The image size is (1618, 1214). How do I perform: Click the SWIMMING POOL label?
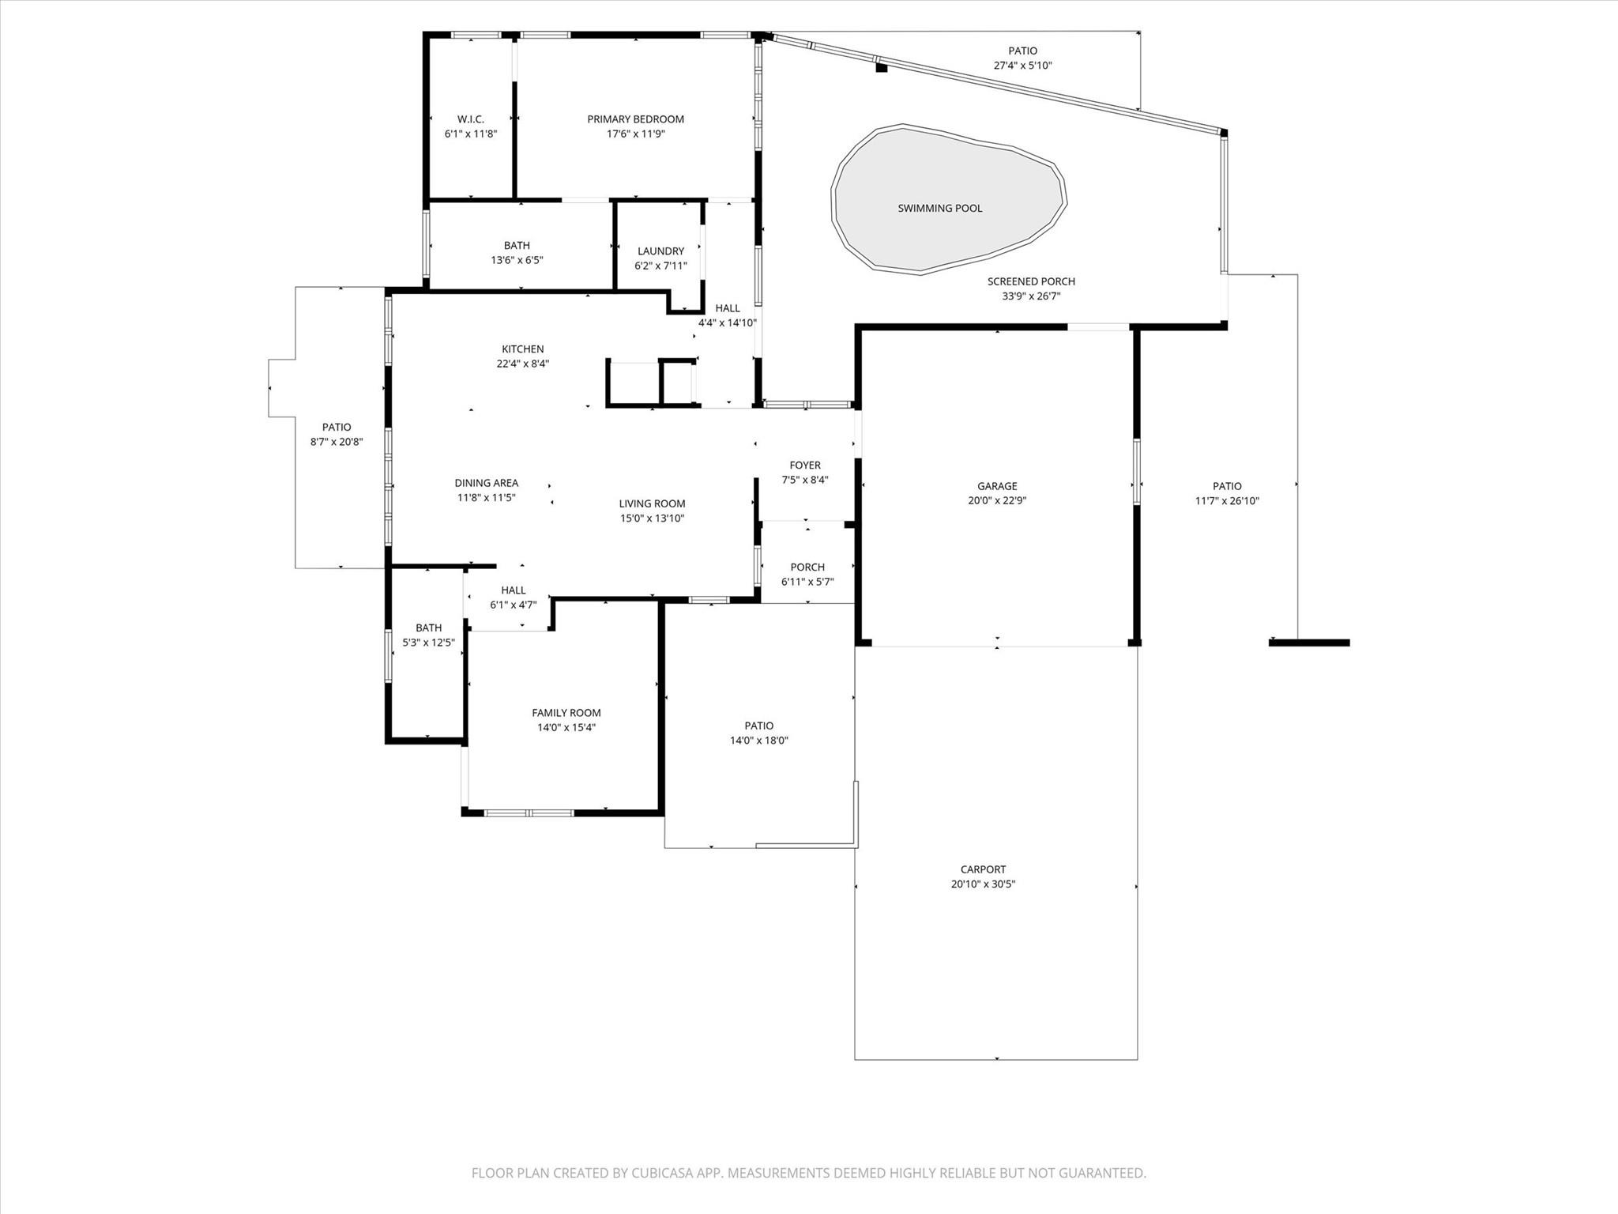point(939,209)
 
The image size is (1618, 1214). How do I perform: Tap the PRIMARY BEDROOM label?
point(635,119)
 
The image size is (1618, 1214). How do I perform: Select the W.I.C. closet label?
point(470,119)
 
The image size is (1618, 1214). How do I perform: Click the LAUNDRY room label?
point(660,251)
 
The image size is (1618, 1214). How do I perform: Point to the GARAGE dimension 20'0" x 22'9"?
point(997,500)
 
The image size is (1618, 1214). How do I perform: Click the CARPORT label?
point(983,869)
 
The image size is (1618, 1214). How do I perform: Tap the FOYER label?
point(805,466)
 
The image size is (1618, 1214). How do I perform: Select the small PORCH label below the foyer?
point(807,567)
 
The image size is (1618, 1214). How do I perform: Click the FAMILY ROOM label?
point(566,713)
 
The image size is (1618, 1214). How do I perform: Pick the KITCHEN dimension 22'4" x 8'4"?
point(522,364)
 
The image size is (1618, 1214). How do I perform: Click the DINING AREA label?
point(486,483)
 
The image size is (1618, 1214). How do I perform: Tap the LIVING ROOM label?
point(652,503)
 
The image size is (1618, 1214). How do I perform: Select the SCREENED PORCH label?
point(1031,281)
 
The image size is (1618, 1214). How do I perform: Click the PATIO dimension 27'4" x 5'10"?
point(1022,66)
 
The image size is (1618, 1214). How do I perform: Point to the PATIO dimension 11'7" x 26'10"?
point(1227,500)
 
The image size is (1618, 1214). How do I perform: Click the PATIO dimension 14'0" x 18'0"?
point(758,741)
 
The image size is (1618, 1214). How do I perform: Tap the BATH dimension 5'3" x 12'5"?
point(428,643)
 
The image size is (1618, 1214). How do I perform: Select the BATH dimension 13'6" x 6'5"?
point(517,260)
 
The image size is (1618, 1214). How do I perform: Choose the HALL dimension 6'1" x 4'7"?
point(513,605)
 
